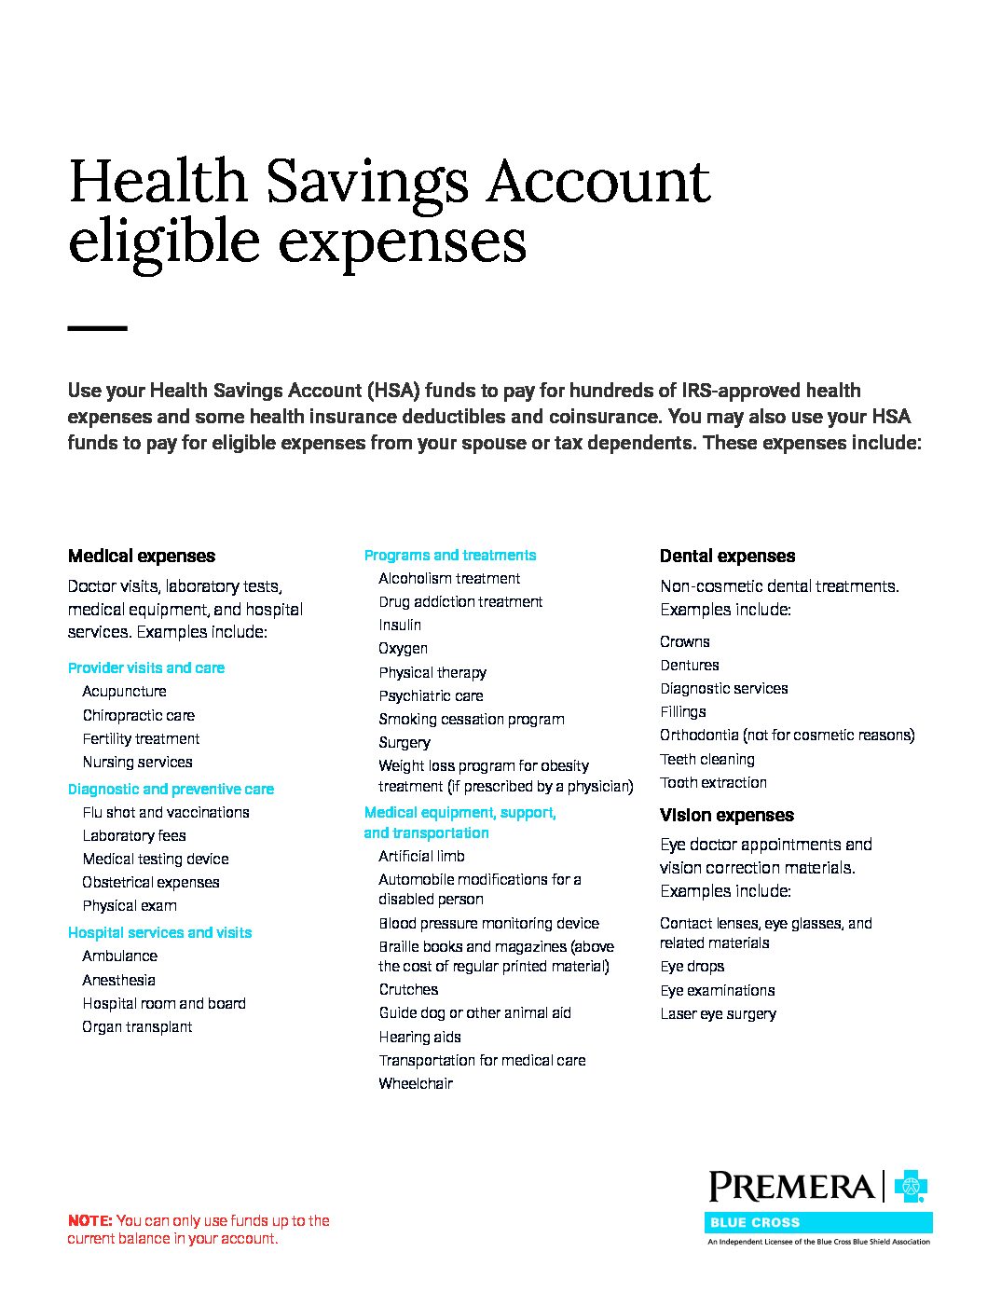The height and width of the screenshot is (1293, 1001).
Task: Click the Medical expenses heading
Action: coord(141,557)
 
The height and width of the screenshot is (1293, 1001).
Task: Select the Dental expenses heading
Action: coord(727,557)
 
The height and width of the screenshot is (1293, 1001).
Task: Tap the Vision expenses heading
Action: coord(726,816)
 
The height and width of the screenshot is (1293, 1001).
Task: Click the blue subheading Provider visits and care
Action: coord(145,668)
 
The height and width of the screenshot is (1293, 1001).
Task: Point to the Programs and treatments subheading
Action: coord(449,556)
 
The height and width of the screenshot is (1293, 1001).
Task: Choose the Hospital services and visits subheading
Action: coord(159,933)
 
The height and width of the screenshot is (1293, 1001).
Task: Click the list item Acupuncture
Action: coord(124,692)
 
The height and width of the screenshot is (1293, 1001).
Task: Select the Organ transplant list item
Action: coord(137,1027)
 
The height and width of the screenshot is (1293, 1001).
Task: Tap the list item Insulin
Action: coord(400,626)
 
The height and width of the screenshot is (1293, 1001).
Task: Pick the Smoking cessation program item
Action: coord(471,720)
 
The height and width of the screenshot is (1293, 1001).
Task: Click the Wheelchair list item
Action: coord(416,1084)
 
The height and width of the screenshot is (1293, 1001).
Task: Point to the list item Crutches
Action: coord(408,990)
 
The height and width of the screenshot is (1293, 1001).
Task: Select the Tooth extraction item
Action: coord(713,783)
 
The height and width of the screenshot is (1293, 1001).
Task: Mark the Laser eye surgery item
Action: coord(718,1014)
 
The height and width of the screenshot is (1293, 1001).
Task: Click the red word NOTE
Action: coord(89,1221)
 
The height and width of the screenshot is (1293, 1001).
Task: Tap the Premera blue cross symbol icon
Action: coord(911,1187)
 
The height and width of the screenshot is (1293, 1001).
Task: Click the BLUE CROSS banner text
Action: coord(755,1223)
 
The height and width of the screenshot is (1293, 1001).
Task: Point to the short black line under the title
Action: coord(97,328)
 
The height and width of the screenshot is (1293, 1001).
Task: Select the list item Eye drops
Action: coord(692,967)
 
